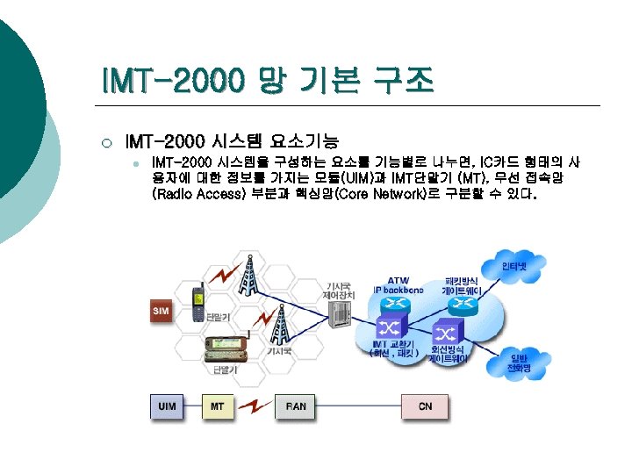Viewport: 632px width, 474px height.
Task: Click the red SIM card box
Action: (x=161, y=310)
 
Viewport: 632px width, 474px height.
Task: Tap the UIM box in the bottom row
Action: (x=166, y=406)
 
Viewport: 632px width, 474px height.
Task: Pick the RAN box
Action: (x=296, y=406)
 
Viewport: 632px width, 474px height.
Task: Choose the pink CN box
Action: (x=425, y=406)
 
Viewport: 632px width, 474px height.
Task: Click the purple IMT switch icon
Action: (x=387, y=328)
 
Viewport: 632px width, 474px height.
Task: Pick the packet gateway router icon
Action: (x=460, y=305)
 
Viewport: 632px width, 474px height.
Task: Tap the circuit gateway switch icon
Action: (x=446, y=334)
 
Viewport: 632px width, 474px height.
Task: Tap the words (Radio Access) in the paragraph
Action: (x=198, y=194)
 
